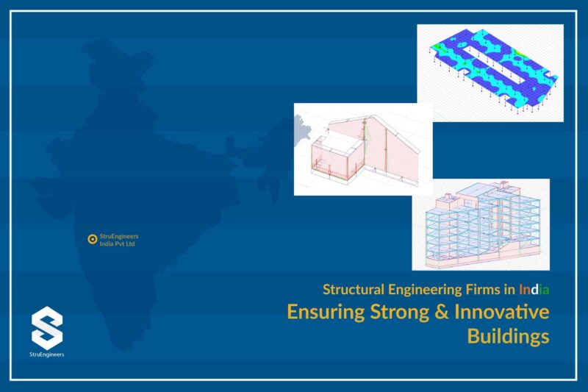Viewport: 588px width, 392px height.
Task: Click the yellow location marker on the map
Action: [92, 239]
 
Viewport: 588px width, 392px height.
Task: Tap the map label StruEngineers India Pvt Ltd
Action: [118, 240]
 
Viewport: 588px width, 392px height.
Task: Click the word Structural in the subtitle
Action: [350, 289]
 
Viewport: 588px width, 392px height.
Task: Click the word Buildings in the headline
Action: [508, 337]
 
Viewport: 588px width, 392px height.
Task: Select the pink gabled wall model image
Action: [363, 149]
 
